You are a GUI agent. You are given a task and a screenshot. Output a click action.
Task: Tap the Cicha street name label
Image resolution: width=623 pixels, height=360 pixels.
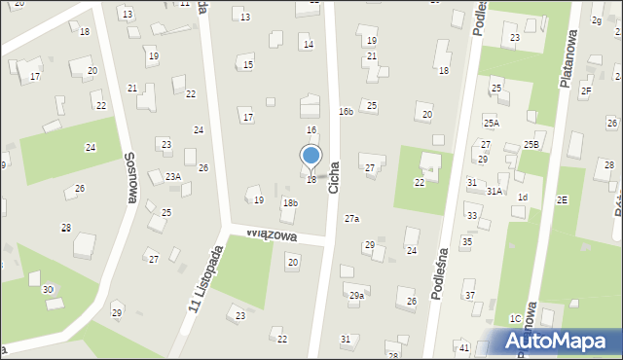tap(334, 176)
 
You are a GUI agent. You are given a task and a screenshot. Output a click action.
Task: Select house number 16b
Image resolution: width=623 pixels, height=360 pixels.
tap(346, 112)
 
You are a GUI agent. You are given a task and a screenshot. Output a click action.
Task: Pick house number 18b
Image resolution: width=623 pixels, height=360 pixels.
tap(289, 202)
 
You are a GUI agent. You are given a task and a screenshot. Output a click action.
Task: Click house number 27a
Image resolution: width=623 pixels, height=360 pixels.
tap(351, 219)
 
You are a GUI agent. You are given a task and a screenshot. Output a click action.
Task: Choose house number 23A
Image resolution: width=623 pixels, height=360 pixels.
tap(173, 176)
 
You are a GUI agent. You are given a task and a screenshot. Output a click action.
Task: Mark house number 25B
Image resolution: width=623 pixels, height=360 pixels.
tap(531, 144)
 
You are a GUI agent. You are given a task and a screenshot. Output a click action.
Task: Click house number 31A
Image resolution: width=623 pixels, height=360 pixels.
tap(495, 192)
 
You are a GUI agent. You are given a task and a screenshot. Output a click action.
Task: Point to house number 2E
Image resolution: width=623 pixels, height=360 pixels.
tap(562, 199)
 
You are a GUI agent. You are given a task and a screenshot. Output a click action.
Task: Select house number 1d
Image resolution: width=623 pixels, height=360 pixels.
tap(523, 198)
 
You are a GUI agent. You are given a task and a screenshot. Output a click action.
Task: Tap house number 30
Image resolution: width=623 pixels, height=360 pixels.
tap(48, 290)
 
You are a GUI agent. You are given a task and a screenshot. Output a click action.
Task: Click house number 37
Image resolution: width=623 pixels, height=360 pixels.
tap(469, 295)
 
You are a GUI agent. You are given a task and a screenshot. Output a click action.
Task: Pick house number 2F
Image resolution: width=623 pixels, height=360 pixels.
tap(586, 90)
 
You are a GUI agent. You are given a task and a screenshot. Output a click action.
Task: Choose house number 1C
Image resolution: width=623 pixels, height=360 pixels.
tap(514, 318)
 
